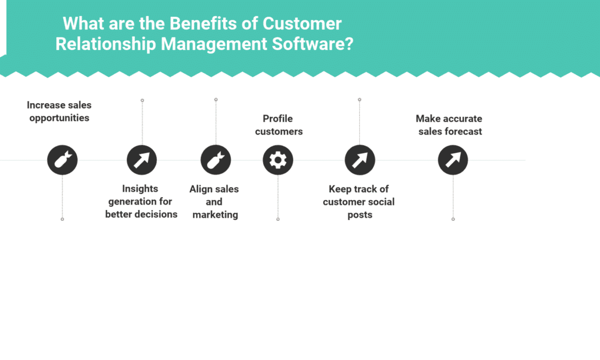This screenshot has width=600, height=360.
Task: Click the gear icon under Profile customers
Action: coord(278,160)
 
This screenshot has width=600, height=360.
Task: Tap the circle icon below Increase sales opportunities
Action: coord(62,160)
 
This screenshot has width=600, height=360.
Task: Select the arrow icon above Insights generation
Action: coord(142,160)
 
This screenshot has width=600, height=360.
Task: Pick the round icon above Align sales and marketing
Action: coord(216,160)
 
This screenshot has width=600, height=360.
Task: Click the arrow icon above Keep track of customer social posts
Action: coord(360,160)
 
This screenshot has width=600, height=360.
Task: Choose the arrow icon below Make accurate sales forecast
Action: coord(453,160)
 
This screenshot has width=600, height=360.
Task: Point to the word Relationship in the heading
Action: coord(105,44)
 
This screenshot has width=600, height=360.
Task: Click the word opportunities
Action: coord(59,118)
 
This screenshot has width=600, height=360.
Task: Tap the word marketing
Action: coord(215,215)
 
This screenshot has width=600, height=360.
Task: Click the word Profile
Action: coord(277,119)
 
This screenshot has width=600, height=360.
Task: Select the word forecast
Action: coord(463,131)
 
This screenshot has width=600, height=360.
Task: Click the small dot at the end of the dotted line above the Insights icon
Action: coord(142,100)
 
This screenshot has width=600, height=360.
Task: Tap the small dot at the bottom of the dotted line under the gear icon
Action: coord(278,219)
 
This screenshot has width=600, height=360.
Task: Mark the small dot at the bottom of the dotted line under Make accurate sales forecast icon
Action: coord(453,219)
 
